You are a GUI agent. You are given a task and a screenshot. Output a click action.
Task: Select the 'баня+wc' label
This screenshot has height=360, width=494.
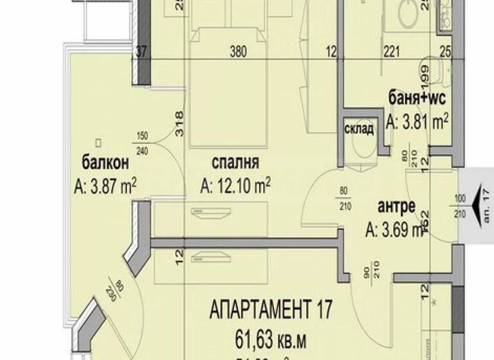tap(417, 98)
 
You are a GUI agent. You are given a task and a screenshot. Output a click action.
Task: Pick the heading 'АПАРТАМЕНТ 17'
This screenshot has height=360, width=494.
tap(271, 310)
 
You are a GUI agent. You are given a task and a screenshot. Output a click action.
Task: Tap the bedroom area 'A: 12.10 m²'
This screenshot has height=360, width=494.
tap(235, 186)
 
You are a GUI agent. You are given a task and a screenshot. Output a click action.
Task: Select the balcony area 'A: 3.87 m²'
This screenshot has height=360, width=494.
tap(105, 186)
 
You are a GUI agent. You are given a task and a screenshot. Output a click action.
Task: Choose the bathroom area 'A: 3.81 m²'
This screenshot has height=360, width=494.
tap(417, 121)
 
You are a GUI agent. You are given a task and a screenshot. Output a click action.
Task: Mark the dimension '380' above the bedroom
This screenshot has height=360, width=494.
tap(239, 54)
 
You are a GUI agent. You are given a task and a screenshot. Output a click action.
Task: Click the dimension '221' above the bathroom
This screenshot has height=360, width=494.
tap(392, 54)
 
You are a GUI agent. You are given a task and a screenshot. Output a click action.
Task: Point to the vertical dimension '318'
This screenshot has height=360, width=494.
tap(179, 122)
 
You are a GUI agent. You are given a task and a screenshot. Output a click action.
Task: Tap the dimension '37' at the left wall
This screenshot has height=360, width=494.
tap(142, 54)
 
